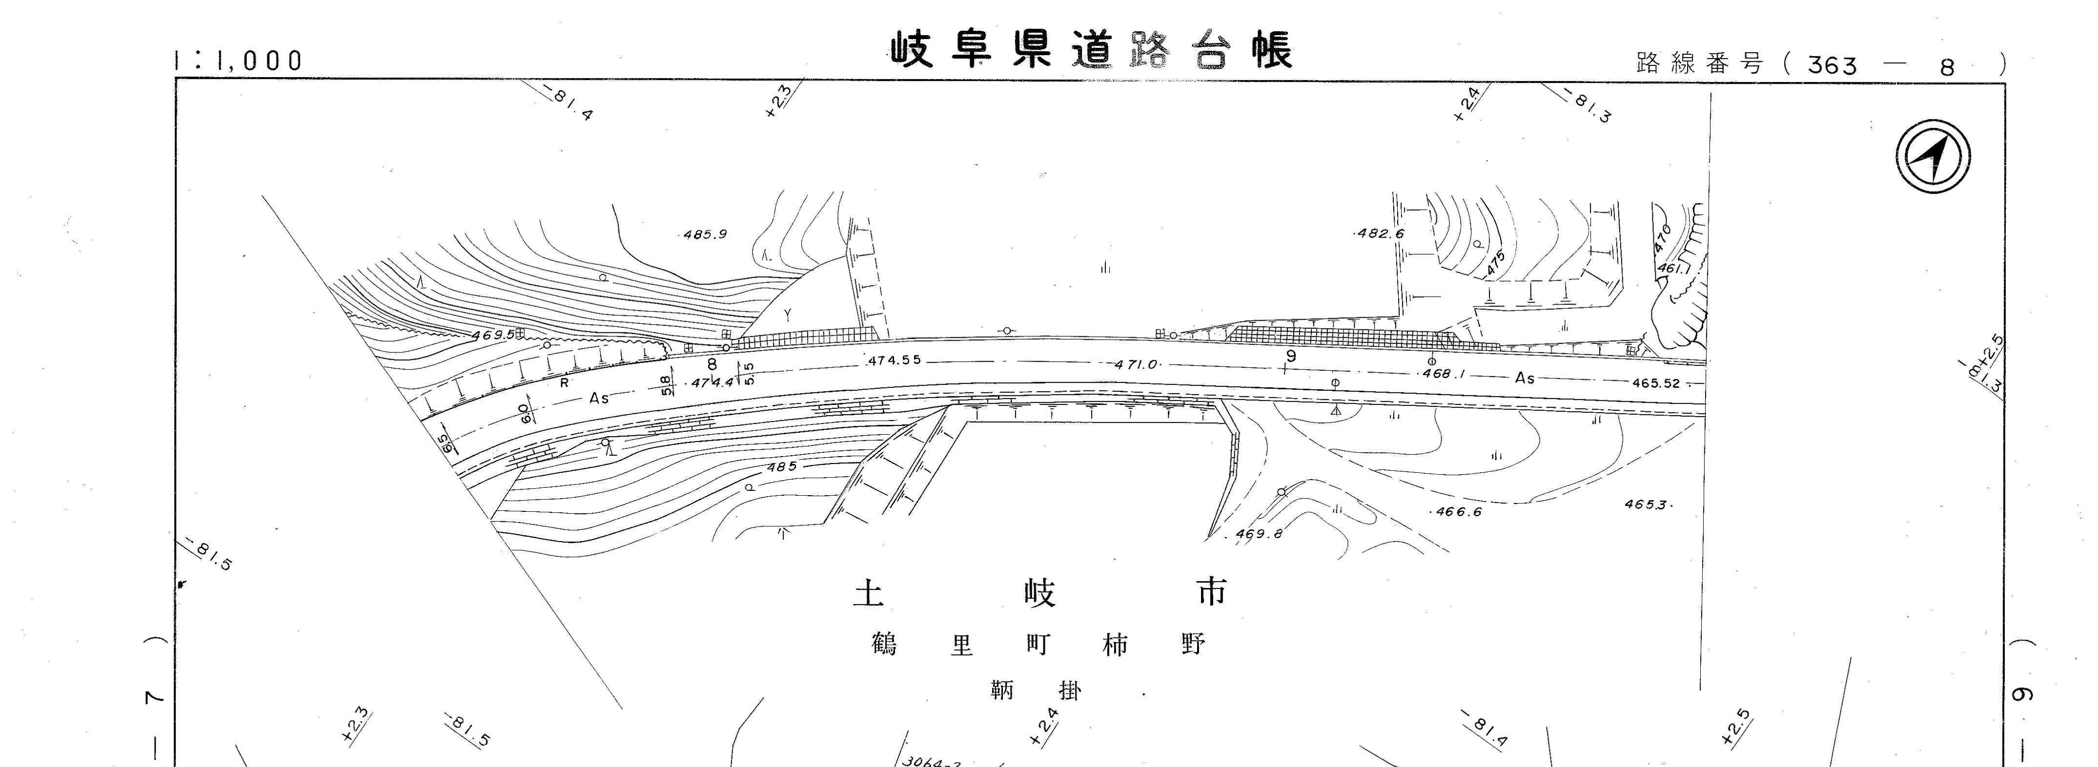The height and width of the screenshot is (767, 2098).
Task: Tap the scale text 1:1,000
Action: (239, 60)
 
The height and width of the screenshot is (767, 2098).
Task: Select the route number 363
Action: (1833, 64)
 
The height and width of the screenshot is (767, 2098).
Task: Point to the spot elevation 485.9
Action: (705, 235)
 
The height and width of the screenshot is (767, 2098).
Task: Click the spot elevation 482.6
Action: (1381, 234)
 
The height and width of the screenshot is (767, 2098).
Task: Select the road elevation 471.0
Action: (1136, 365)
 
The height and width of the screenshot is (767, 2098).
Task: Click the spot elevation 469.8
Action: (1258, 534)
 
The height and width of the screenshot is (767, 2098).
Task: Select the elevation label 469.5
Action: (493, 335)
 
